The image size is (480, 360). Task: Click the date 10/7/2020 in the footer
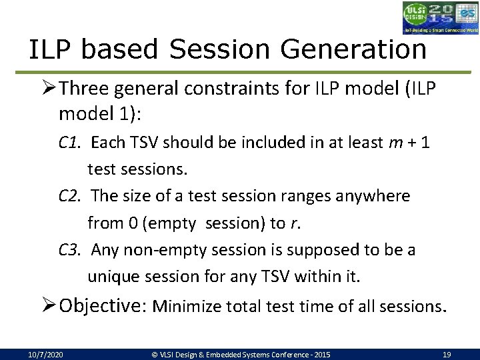pyautogui.click(x=46, y=355)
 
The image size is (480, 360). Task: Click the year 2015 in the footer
pyautogui.click(x=321, y=355)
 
